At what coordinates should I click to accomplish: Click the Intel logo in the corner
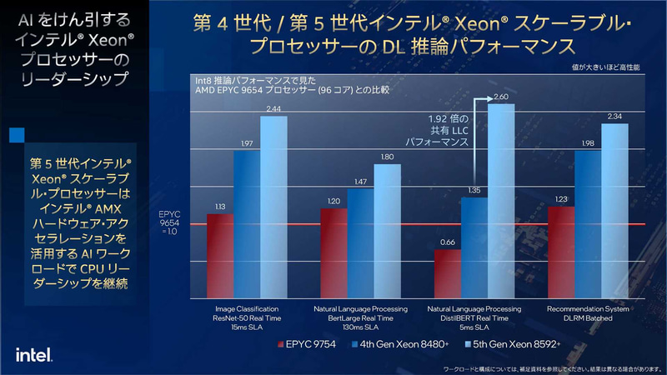pyautogui.click(x=35, y=354)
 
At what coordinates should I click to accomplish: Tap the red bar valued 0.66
pyautogui.click(x=448, y=273)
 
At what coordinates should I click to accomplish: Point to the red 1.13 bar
pyautogui.click(x=219, y=255)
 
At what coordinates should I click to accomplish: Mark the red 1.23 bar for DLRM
pyautogui.click(x=561, y=252)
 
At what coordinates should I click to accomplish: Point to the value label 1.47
pyautogui.click(x=360, y=182)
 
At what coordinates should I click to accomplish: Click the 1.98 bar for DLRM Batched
pyautogui.click(x=588, y=223)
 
